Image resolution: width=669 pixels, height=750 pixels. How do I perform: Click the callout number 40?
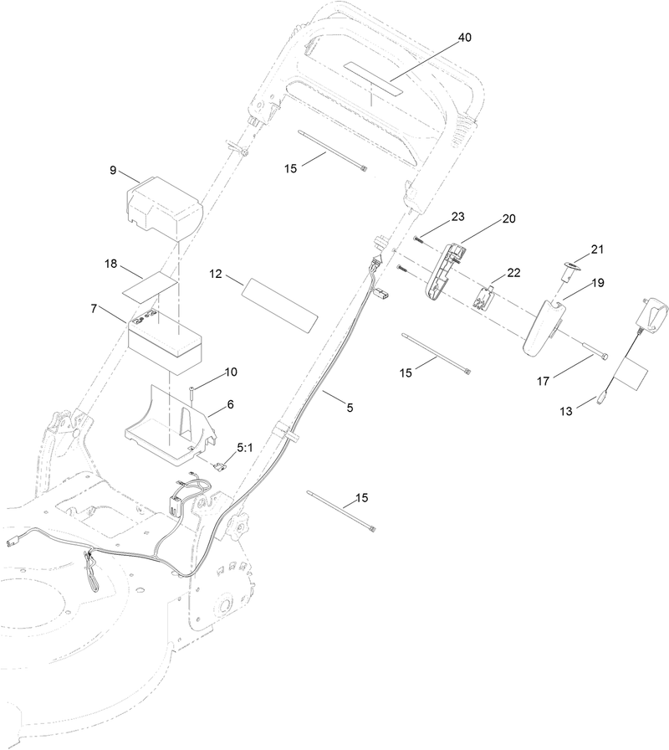[464, 38]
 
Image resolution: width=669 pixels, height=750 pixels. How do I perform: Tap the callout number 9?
[113, 170]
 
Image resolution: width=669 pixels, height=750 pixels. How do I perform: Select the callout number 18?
[111, 264]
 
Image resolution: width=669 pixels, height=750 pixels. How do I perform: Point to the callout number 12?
[216, 274]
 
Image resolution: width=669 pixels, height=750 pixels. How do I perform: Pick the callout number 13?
[566, 411]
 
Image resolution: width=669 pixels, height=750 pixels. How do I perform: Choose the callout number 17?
[543, 381]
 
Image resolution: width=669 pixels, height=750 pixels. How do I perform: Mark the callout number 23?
[457, 217]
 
